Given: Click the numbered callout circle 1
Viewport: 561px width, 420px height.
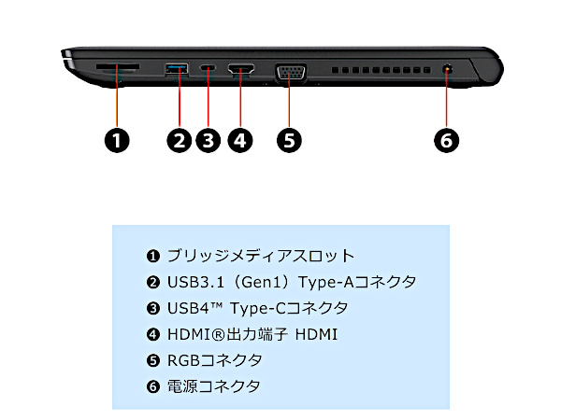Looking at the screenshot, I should tap(115, 140).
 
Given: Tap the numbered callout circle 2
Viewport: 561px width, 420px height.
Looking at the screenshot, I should tap(179, 140).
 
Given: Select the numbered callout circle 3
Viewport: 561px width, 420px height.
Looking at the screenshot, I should tap(209, 140).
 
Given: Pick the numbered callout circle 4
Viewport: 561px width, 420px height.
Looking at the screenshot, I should tap(241, 140).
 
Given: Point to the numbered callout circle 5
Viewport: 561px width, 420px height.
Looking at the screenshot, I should tap(290, 140).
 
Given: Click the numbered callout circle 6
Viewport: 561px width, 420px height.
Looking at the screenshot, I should tap(447, 140).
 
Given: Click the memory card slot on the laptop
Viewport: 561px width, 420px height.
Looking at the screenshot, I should tap(118, 68).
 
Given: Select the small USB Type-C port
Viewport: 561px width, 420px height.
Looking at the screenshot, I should tap(209, 69).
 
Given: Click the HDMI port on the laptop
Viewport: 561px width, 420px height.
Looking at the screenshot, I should tap(241, 69).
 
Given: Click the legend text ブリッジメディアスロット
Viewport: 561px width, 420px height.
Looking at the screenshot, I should tap(261, 256).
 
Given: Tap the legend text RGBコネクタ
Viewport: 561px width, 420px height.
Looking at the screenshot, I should tap(215, 360).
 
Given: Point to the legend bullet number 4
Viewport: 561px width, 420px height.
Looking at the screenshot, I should tap(153, 334).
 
